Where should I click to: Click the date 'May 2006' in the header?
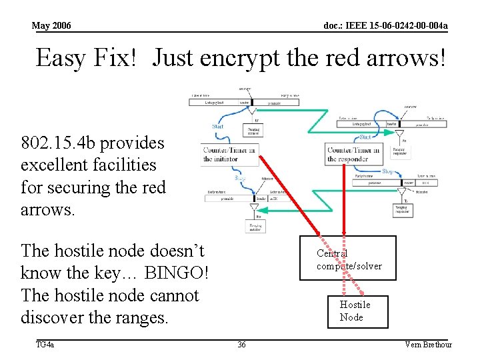click(51, 25)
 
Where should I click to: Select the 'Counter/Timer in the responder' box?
click(353, 154)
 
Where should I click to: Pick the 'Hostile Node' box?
click(355, 311)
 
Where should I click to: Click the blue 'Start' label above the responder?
click(365, 137)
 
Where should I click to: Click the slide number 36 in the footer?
click(241, 345)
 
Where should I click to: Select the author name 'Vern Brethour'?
click(428, 345)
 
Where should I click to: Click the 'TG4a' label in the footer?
click(45, 345)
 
